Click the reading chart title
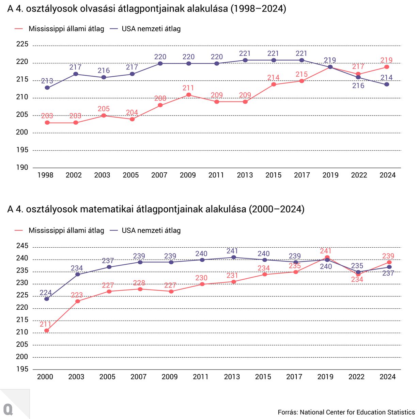coord(146,9)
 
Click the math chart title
coord(156,209)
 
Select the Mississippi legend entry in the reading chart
coord(60,29)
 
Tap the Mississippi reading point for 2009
coord(189,95)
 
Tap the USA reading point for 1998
coord(47,88)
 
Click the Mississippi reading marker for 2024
coord(387,67)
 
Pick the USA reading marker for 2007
coord(160,63)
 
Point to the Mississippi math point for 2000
coord(47,330)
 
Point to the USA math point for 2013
coord(234,257)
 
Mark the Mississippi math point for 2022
coord(358,274)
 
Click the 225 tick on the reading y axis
coord(22,44)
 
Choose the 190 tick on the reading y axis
coord(22,167)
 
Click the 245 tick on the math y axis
coord(22,246)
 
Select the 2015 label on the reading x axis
coord(274,175)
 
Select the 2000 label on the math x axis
coord(45,377)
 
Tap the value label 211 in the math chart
coord(45,324)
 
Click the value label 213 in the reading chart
coord(47,81)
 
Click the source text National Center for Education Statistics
coord(357,412)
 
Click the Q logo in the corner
coord(8,409)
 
